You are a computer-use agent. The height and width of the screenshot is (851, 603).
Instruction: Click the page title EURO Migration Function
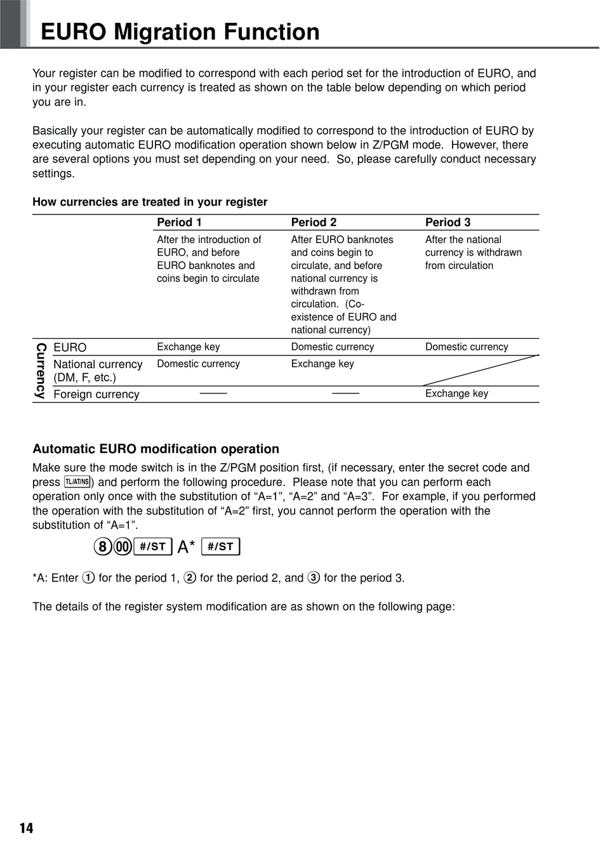180,32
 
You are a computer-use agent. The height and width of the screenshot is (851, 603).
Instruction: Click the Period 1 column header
179,222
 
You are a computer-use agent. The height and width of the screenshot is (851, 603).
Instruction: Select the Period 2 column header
314,222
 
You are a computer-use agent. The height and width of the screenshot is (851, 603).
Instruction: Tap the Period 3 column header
447,222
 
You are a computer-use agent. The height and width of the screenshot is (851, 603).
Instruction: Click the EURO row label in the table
70,348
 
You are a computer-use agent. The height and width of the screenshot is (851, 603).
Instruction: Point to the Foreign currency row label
96,394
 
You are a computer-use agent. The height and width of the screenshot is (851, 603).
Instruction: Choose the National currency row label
98,371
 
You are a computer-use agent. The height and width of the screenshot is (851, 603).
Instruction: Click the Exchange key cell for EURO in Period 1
188,347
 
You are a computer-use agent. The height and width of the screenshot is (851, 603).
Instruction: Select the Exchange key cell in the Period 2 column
322,364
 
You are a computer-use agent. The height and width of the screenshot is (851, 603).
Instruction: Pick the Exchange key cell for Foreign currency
456,393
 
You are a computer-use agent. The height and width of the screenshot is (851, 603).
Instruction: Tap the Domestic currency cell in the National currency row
198,364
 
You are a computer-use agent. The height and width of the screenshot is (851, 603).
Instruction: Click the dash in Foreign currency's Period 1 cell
213,393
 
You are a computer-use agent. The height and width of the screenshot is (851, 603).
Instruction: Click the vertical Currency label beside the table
41,371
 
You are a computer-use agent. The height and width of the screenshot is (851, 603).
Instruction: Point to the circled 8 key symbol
102,546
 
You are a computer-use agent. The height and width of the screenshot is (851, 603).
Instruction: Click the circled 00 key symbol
123,546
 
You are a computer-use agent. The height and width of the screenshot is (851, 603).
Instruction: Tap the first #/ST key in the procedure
153,546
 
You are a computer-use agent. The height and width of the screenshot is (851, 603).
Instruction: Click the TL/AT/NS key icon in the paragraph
77,482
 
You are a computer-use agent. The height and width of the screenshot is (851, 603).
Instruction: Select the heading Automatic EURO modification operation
156,449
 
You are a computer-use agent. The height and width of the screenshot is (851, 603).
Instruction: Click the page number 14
26,828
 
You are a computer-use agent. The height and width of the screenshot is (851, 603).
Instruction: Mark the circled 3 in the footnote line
314,577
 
